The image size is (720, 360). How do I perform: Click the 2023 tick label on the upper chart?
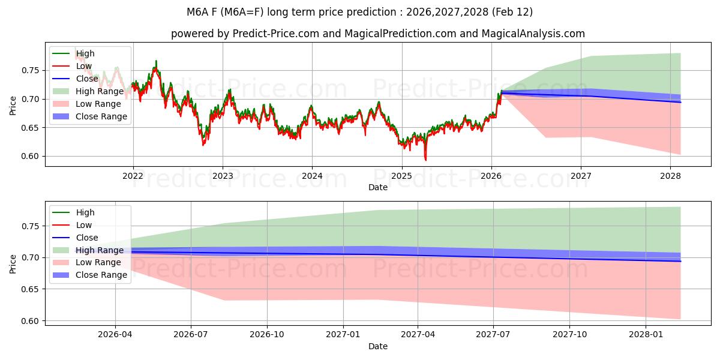coord(223,176)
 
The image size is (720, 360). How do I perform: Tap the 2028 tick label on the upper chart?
coord(670,176)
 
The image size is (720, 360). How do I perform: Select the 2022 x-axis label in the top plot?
coord(133,176)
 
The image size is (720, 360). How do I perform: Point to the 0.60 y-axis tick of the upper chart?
coord(31,157)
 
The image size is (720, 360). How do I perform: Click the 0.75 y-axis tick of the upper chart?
coord(31,70)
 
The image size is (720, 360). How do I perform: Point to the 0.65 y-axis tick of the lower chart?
coord(31,289)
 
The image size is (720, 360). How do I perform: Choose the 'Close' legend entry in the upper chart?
coord(87,79)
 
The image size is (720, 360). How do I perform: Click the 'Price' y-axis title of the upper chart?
coord(13,105)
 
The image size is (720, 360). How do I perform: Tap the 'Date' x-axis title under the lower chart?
coord(378,346)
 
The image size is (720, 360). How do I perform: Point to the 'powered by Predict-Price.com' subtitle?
coord(377,34)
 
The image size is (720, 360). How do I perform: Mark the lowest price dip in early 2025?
coord(426,160)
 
